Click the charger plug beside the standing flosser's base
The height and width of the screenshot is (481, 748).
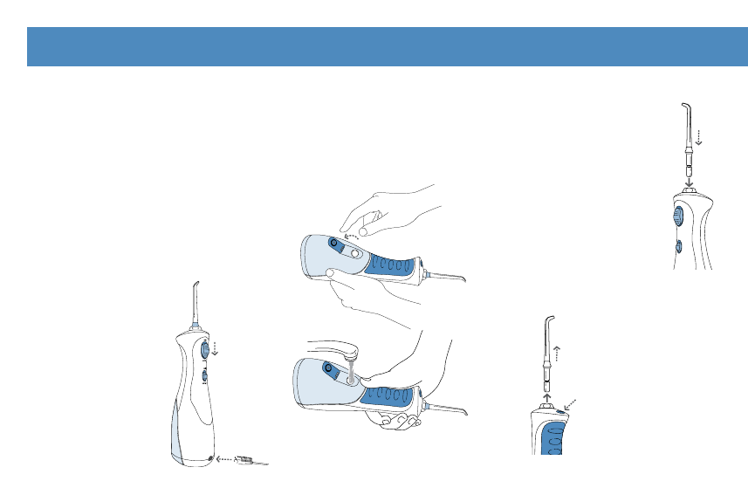coord(248,458)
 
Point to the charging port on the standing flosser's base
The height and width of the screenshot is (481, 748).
coord(210,457)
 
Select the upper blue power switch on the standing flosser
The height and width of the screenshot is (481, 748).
coord(204,349)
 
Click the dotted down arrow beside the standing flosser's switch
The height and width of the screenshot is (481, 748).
coord(216,348)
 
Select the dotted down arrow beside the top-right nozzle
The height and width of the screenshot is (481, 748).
coord(698,136)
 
